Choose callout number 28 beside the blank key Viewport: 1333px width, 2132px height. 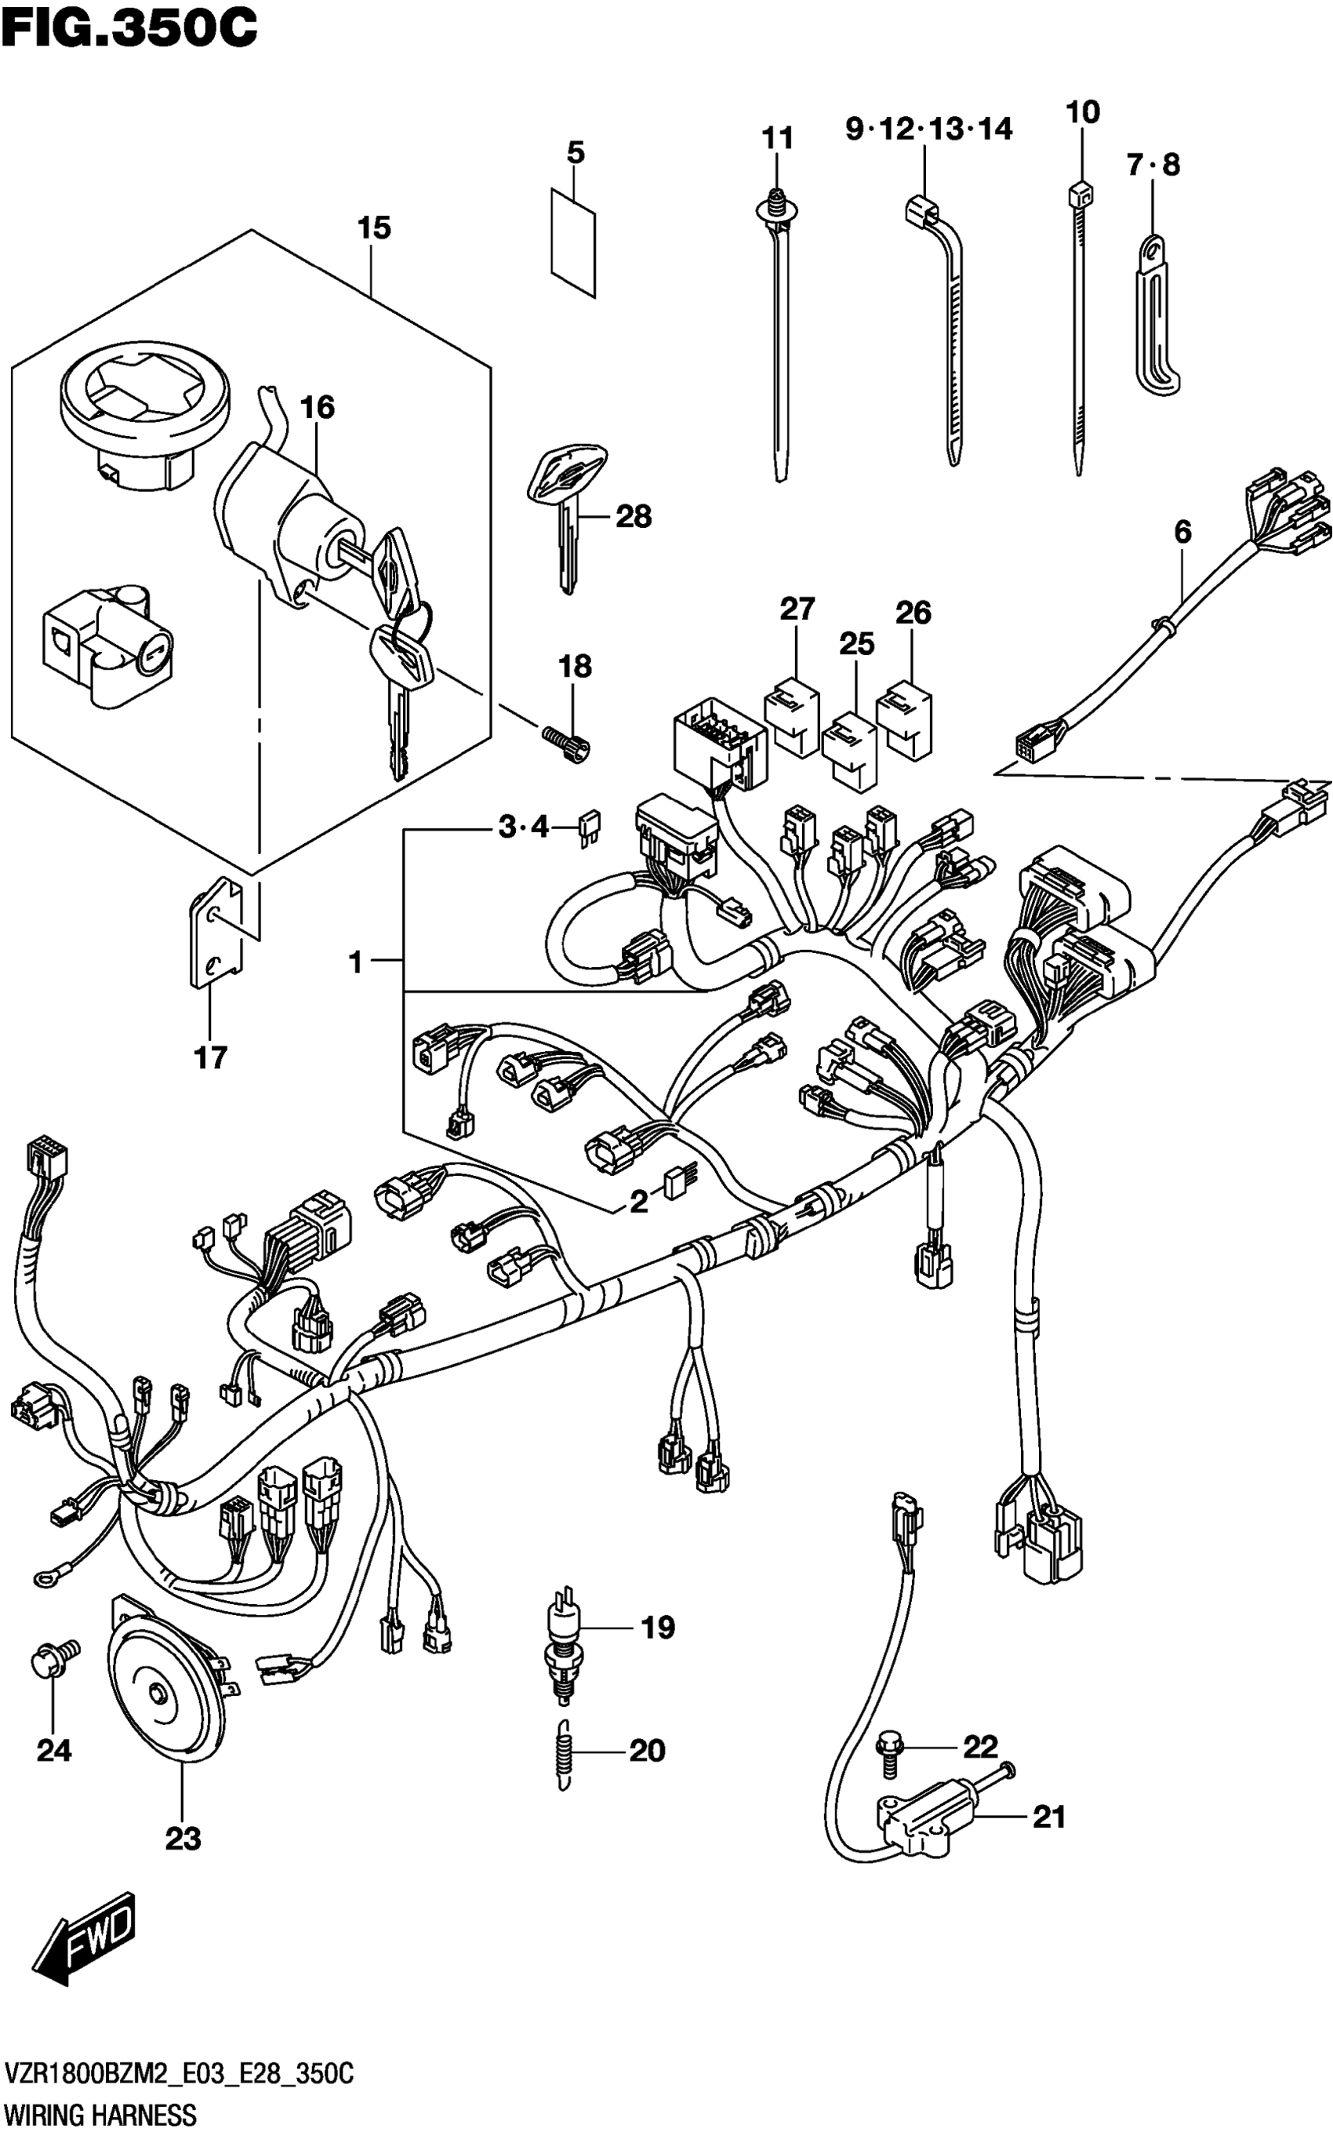click(x=633, y=517)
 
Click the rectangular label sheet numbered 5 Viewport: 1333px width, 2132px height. click(x=573, y=242)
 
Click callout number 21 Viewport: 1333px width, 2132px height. click(x=1049, y=1817)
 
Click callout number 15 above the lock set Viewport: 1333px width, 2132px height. click(x=374, y=228)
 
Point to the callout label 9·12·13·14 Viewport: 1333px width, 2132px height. click(x=929, y=129)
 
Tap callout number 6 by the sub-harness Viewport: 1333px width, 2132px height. click(x=1182, y=532)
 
